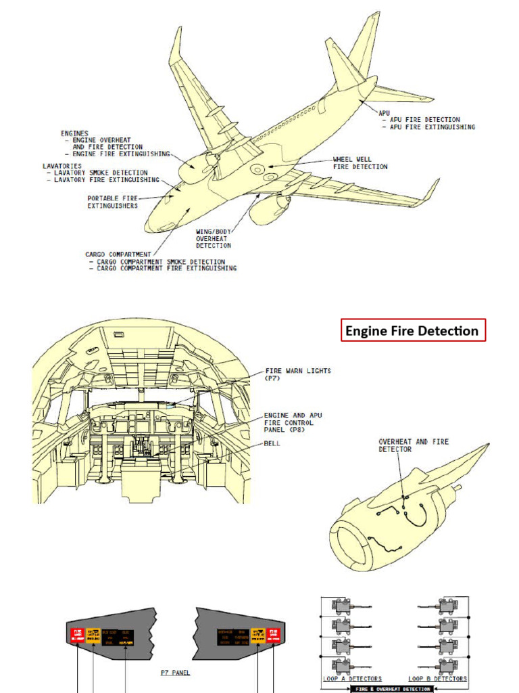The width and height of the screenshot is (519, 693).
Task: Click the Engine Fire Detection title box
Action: pos(412,331)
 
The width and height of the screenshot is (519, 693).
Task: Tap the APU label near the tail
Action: pos(384,113)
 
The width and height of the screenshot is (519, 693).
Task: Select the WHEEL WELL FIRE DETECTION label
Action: pos(360,163)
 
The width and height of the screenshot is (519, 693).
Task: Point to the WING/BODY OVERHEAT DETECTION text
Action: pos(214,239)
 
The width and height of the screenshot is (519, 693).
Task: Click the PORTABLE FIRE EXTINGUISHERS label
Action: pos(112,202)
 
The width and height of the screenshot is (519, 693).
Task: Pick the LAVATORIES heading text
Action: pos(62,166)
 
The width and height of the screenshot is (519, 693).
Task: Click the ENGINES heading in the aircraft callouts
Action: pos(74,134)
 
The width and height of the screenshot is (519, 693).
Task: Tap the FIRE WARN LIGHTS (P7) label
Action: pos(298,374)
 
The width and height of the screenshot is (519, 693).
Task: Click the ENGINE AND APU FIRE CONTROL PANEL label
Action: pos(289,422)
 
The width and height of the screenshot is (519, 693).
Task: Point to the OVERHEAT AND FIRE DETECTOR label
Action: pos(413,445)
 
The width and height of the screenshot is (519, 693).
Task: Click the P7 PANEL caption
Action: pos(175,673)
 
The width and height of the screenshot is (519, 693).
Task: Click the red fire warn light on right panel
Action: pos(275,635)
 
